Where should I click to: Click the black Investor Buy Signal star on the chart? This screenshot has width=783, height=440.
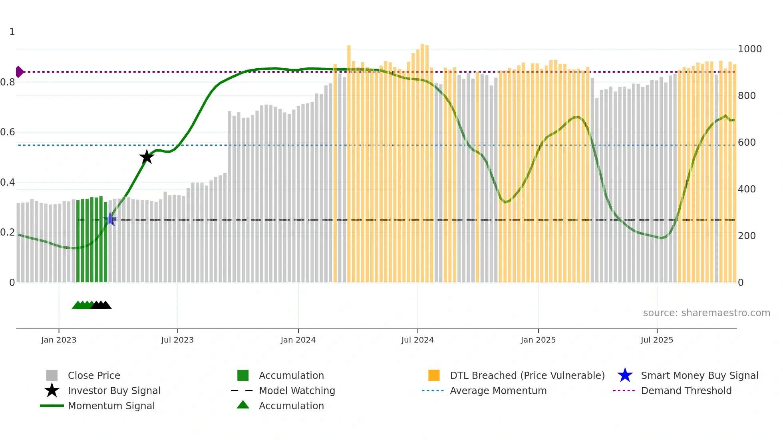tap(147, 157)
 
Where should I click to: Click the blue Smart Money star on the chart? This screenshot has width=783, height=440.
tap(110, 219)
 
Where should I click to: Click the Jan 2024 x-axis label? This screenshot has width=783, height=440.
tap(298, 340)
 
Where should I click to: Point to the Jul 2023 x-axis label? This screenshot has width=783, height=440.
tap(177, 340)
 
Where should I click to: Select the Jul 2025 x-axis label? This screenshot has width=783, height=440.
tap(657, 340)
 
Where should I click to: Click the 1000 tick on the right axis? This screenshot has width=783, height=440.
tap(749, 49)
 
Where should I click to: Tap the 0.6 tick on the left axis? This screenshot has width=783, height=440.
tap(8, 132)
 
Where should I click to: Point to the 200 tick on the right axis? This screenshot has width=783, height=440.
tap(747, 236)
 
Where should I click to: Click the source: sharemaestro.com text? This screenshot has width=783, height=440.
tap(706, 313)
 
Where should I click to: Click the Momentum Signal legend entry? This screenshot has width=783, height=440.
tap(111, 406)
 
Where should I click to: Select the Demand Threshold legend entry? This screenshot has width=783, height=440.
tap(686, 390)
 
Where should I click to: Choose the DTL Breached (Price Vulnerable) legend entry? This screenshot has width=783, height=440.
tap(527, 375)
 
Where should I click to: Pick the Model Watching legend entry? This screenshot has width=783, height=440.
tap(296, 390)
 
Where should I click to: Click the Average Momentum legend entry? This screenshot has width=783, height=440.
tap(498, 390)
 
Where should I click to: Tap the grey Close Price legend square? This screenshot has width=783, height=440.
tap(52, 375)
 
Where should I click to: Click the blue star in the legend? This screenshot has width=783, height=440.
tap(625, 375)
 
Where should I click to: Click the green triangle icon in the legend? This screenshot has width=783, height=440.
tap(243, 405)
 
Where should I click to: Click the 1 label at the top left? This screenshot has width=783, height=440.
tap(12, 32)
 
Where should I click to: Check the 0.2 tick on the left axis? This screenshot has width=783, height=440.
tap(8, 232)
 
